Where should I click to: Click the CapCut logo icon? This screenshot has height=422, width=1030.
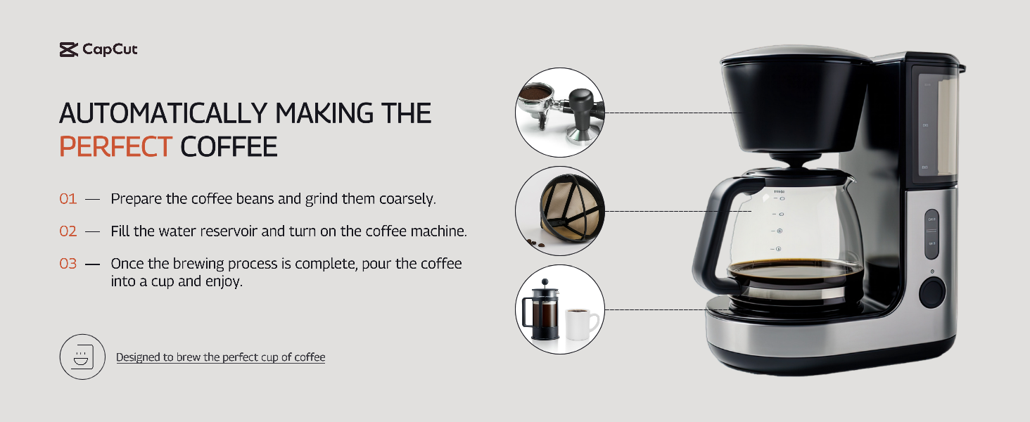[68, 49]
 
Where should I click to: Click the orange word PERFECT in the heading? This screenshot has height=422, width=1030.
[116, 146]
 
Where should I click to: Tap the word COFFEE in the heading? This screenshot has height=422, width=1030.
[229, 146]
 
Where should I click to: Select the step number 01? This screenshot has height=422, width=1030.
[68, 198]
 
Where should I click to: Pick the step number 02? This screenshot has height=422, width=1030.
[68, 231]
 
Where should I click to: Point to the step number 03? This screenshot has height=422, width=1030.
[68, 264]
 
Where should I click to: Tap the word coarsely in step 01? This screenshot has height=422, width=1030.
[407, 199]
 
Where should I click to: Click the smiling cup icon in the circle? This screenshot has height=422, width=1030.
[83, 357]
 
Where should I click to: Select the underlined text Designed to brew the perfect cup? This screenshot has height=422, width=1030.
[197, 357]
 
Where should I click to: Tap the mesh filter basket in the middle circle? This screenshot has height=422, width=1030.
[570, 208]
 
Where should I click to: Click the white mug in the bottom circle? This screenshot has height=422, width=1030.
[581, 324]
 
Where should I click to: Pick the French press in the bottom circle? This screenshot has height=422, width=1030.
[542, 310]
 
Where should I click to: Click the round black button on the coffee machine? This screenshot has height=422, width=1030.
[932, 293]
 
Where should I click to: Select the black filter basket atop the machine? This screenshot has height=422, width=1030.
[796, 103]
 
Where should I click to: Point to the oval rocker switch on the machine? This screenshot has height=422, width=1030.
[932, 234]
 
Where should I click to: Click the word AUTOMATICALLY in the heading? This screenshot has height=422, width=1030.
[163, 113]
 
